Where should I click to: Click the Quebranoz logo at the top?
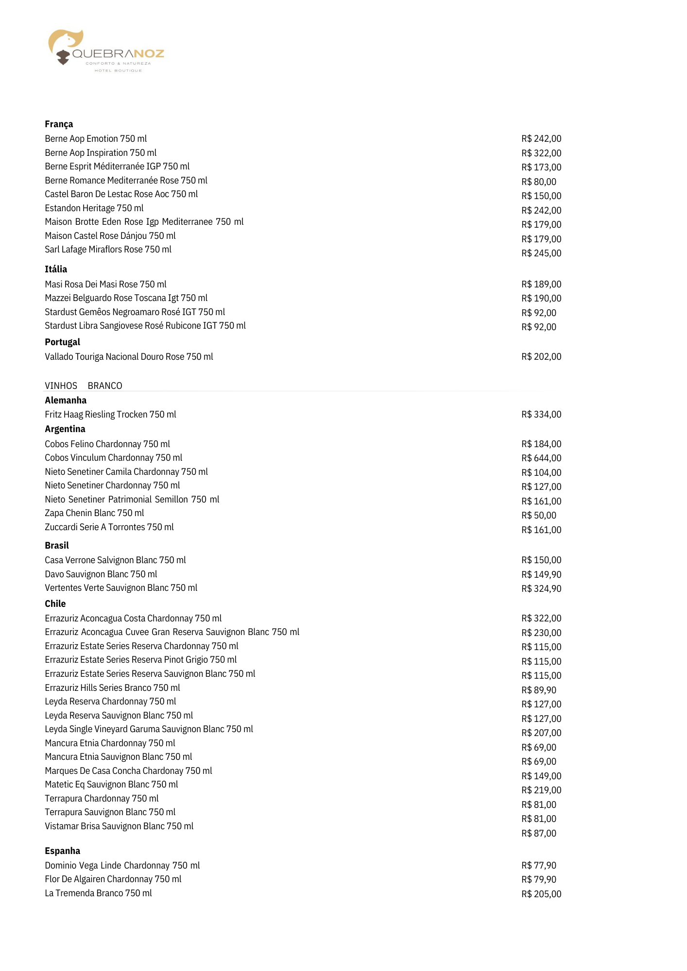[106, 51]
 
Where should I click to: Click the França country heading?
[59, 124]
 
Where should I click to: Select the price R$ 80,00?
[538, 182]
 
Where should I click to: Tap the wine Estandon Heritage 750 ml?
[94, 208]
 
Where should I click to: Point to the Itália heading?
[56, 269]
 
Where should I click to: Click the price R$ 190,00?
[541, 299]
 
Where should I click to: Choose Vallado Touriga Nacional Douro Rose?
[129, 357]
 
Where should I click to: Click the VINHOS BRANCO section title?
[84, 386]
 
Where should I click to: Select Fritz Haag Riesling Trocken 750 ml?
[110, 415]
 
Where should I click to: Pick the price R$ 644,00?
[541, 458]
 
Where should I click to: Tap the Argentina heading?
[65, 429]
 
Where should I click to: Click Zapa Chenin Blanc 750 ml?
[94, 513]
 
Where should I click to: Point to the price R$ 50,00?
[538, 516]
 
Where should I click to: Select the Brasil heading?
[57, 546]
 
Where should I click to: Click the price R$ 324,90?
[541, 589]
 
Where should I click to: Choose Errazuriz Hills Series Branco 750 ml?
[112, 688]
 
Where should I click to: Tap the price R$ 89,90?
[538, 690]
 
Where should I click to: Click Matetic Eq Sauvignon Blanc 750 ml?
[111, 785]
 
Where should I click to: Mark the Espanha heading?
[62, 851]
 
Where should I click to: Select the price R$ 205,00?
[541, 894]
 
